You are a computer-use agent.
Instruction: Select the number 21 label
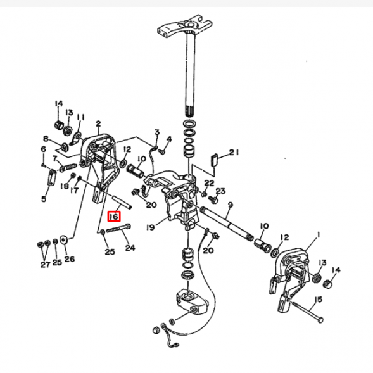coord(234,152)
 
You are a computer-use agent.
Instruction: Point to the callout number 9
coord(230,205)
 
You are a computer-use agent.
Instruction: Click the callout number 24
coord(130,248)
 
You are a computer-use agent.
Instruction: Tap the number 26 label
coord(69,258)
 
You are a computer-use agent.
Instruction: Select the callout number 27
coord(44,264)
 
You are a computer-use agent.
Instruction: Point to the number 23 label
coord(220,191)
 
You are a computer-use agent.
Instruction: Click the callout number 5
coord(44,199)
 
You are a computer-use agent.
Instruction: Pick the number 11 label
coord(80,117)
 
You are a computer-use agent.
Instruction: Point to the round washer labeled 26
coord(63,241)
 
